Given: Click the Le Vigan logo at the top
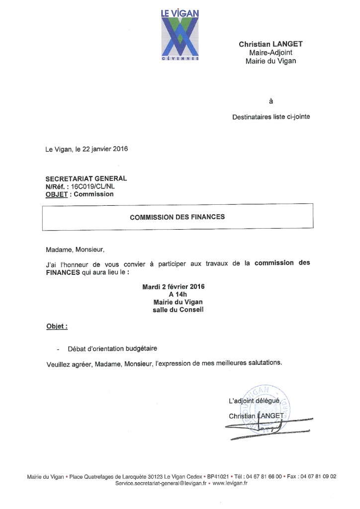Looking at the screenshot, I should coord(180,35).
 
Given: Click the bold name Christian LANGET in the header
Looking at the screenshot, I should coord(270,44).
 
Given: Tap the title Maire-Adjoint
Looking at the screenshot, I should coord(270,53).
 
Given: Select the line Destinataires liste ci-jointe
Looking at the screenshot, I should coord(271,118).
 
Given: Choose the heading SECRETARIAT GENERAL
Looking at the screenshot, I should coord(86,178).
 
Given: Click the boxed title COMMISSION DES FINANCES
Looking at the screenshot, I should coord(177,217).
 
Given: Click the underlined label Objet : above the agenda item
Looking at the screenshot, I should coord(57,328).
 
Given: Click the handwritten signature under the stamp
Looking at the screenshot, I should coord(264,426).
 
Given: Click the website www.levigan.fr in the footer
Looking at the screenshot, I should coord(230,483).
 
